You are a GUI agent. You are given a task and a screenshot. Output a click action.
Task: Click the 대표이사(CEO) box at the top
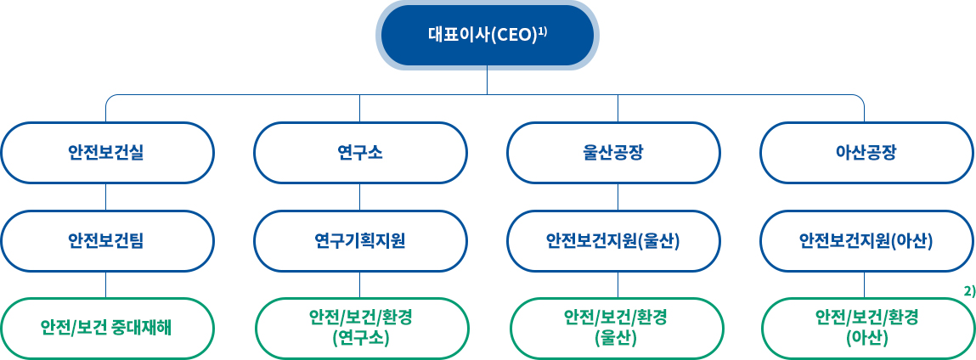tap(487, 35)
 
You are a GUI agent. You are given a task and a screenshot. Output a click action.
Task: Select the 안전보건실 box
tap(107, 153)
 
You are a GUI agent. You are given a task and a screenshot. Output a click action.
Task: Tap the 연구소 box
tap(360, 153)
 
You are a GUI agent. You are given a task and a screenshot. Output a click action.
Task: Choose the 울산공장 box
tap(614, 153)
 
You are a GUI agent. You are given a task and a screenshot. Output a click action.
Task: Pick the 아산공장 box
tap(867, 153)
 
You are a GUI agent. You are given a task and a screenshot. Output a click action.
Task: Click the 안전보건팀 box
tap(107, 241)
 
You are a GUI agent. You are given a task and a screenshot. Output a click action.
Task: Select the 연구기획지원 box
tap(360, 241)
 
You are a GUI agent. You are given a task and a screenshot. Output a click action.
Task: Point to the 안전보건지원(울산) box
tap(614, 241)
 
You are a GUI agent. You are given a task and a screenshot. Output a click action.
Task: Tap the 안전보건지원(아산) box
tap(867, 241)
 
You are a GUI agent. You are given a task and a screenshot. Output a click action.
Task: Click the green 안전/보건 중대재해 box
tap(107, 329)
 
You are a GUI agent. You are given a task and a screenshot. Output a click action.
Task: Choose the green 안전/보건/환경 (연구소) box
tap(362, 329)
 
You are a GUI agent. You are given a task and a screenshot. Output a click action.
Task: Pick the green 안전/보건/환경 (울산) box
tap(616, 329)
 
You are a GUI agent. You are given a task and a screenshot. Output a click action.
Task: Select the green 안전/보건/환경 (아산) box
tap(868, 329)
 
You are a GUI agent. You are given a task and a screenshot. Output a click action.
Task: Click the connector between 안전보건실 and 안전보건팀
tap(106, 197)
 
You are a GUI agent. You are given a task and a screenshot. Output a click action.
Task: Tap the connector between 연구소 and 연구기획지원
tap(360, 197)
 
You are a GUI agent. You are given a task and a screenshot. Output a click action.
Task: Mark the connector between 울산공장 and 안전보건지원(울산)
tap(618, 197)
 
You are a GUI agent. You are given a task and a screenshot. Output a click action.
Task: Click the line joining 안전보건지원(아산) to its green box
tap(864, 284)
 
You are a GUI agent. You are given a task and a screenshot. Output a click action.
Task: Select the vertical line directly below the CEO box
tap(487, 82)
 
